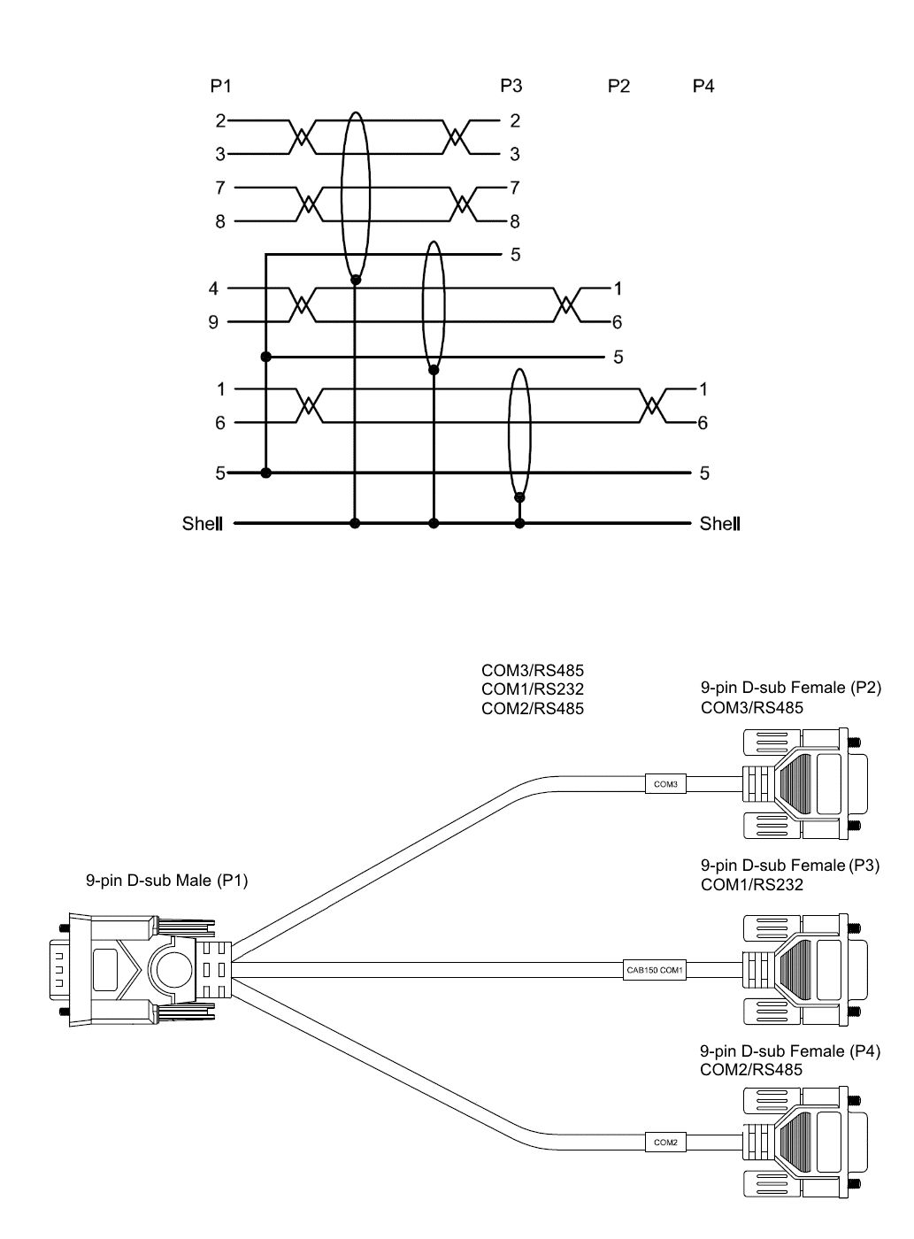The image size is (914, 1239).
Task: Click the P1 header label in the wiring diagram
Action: pyautogui.click(x=220, y=86)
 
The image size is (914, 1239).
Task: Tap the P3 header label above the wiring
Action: pyautogui.click(x=511, y=86)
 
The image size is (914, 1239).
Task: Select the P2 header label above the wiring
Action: pyautogui.click(x=618, y=86)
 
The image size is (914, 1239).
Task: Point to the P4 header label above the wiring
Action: pyautogui.click(x=703, y=86)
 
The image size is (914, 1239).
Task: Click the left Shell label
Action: pyautogui.click(x=201, y=524)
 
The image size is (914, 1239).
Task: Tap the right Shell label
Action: pyautogui.click(x=719, y=524)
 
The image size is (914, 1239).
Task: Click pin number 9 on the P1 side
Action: pyautogui.click(x=213, y=322)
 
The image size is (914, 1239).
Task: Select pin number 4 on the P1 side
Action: pyautogui.click(x=213, y=289)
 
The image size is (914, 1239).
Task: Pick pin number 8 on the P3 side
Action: pyautogui.click(x=514, y=221)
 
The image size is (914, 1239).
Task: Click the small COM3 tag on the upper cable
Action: pyautogui.click(x=664, y=784)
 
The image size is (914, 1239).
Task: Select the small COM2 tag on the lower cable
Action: pyautogui.click(x=665, y=1143)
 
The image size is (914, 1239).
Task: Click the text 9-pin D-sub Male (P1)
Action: pyautogui.click(x=166, y=881)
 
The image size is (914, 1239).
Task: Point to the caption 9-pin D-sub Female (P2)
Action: pyautogui.click(x=790, y=688)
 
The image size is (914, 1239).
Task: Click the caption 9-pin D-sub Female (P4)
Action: pyautogui.click(x=790, y=1051)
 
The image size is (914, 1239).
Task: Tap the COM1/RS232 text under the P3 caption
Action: pyautogui.click(x=752, y=884)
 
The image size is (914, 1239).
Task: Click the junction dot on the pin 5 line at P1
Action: pyautogui.click(x=266, y=473)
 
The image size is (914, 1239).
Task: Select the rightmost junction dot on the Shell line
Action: pyautogui.click(x=519, y=524)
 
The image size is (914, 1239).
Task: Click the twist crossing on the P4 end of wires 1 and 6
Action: pyautogui.click(x=652, y=406)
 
